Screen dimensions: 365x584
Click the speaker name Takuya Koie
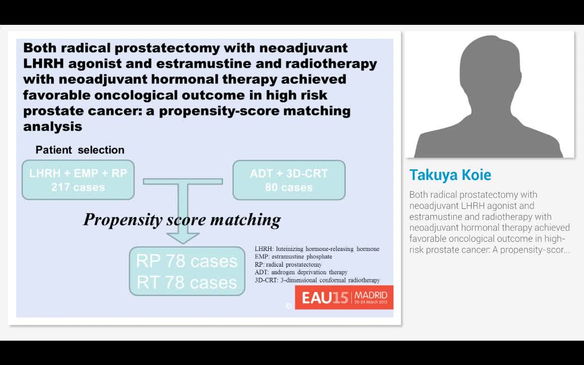click(450, 175)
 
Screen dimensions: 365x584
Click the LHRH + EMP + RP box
click(78, 180)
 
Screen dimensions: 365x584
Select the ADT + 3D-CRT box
click(289, 180)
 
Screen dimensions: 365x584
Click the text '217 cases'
click(78, 187)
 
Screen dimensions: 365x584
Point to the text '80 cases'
click(289, 187)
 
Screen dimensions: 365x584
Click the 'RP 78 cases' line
click(187, 261)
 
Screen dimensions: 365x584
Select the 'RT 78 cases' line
click(187, 282)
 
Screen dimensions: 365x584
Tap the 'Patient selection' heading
click(80, 150)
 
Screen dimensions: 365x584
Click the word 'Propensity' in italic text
click(123, 220)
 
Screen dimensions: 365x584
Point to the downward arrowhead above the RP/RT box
click(183, 237)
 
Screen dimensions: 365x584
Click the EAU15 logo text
click(325, 298)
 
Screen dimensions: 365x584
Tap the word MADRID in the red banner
click(371, 295)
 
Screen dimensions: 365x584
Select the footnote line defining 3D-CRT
click(317, 280)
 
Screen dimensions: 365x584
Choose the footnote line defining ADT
click(301, 272)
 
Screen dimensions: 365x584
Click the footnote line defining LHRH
click(317, 249)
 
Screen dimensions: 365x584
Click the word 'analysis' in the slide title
click(53, 126)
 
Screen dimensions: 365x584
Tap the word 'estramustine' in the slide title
click(221, 63)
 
